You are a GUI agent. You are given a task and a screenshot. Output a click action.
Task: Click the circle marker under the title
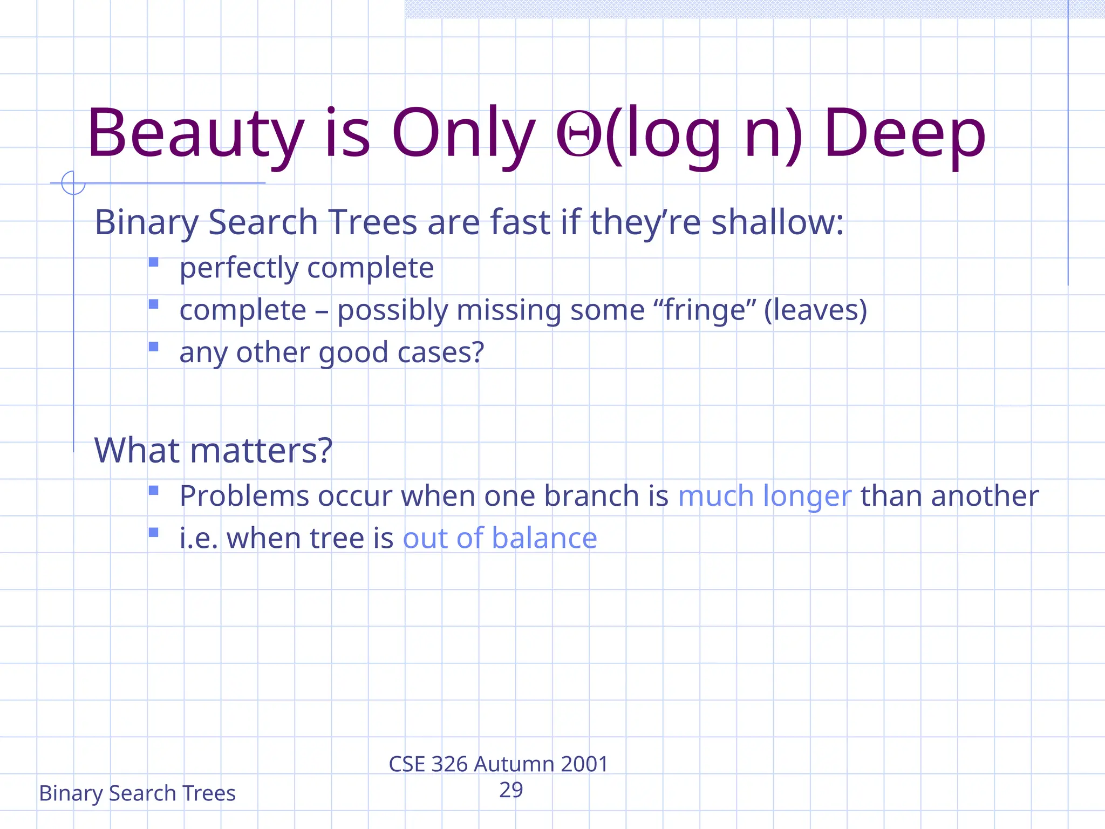coord(73,182)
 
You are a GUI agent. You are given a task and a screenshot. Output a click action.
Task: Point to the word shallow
coord(777,222)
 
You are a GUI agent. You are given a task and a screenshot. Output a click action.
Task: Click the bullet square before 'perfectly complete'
coord(154,262)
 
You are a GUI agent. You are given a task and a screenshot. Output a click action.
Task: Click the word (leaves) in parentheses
coord(815,310)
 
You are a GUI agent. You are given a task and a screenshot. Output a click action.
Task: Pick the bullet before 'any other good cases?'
coord(154,346)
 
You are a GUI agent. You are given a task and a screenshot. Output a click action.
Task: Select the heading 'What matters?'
coord(213,450)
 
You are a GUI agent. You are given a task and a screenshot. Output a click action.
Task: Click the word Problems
coord(244,496)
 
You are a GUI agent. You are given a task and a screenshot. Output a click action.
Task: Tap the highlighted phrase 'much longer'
coord(765,496)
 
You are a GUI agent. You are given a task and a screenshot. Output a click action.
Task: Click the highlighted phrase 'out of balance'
coord(500,538)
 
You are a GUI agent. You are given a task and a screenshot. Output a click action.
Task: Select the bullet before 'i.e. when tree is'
coord(154,533)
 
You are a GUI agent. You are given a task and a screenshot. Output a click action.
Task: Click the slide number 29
coord(511,790)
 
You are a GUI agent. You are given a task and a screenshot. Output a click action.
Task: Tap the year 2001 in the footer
coord(584,764)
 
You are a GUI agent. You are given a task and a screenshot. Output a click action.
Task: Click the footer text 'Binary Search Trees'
coord(137,793)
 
